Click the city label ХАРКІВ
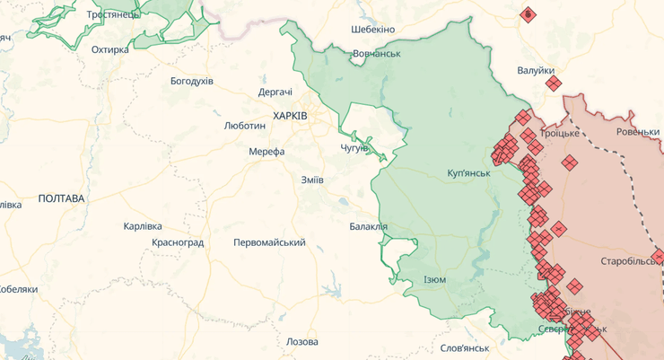[x=291, y=117]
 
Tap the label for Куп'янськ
[x=468, y=172]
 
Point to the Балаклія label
[x=369, y=226]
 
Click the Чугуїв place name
[x=354, y=147]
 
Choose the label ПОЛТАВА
[x=61, y=198]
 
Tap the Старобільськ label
[x=632, y=260]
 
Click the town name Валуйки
[x=536, y=70]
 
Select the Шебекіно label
[x=372, y=30]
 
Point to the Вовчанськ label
[x=376, y=54]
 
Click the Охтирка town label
[x=110, y=49]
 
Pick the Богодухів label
[x=192, y=81]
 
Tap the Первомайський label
[x=269, y=242]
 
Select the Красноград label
[x=178, y=242]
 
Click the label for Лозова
[x=301, y=342]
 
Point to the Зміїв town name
[x=312, y=180]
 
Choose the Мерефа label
[x=266, y=152]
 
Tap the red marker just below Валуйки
[x=555, y=83]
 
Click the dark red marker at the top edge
[x=528, y=14]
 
